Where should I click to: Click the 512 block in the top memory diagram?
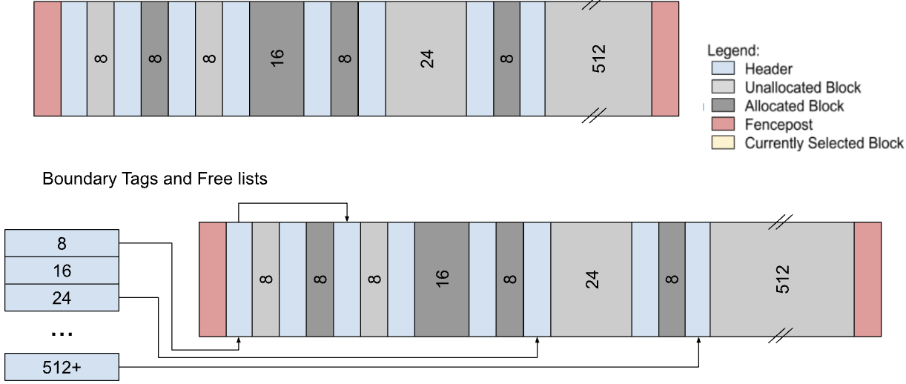[x=598, y=59]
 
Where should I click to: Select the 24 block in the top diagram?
[x=426, y=59]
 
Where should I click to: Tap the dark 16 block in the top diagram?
[x=277, y=59]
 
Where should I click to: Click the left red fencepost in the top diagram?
[x=47, y=59]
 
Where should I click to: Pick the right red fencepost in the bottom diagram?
[x=867, y=279]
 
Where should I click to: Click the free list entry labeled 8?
[x=62, y=242]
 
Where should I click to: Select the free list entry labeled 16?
[x=62, y=271]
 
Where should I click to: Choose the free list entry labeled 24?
[x=62, y=298]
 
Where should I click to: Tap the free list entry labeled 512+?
[x=62, y=367]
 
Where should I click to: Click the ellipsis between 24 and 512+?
[x=62, y=334]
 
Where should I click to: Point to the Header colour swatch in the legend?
[x=722, y=69]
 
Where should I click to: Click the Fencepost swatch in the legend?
[x=722, y=125]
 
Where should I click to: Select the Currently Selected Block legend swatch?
[x=722, y=143]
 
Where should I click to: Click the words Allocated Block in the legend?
[x=794, y=106]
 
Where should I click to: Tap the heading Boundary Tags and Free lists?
[x=154, y=179]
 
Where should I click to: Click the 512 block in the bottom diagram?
[x=782, y=279]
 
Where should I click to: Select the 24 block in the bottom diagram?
[x=591, y=279]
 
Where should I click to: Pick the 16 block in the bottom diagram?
[x=441, y=279]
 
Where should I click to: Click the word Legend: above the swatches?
[x=733, y=51]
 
